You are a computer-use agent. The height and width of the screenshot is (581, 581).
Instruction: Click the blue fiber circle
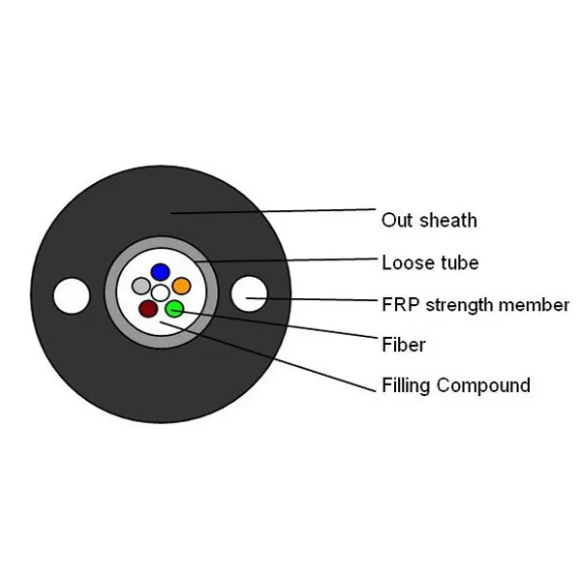click(161, 272)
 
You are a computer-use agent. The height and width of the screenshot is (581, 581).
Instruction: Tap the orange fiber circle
click(181, 287)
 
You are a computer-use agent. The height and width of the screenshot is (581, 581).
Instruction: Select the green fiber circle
click(173, 309)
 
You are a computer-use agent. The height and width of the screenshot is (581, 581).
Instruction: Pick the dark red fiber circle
click(147, 309)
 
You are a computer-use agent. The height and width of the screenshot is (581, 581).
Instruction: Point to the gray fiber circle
click(141, 287)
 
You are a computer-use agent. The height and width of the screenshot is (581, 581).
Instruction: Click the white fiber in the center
click(161, 291)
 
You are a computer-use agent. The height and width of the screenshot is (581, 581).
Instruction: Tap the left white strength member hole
click(71, 294)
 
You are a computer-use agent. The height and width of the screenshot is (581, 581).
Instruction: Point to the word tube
click(459, 262)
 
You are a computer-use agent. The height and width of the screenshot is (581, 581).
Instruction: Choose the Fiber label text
click(404, 345)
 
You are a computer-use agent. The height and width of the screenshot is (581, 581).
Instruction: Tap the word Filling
click(406, 385)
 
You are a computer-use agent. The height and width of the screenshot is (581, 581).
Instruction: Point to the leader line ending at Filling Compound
click(271, 359)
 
